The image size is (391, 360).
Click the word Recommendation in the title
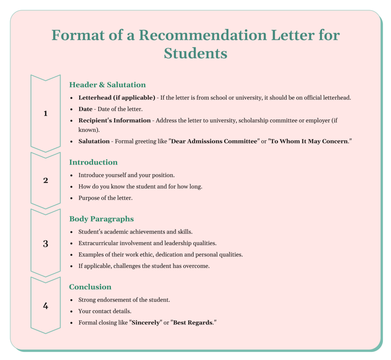[x=202, y=35]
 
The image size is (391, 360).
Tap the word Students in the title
[x=195, y=53]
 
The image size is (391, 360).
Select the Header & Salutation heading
[x=107, y=85]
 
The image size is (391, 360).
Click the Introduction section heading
[x=93, y=162]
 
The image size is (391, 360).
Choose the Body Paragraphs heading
[x=101, y=219]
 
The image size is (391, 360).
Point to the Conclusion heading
[x=90, y=287]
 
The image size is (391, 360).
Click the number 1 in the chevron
[x=45, y=113]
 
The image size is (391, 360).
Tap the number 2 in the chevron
[x=45, y=180]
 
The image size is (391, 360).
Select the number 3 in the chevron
[x=45, y=244]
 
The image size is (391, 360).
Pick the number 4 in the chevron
[x=45, y=306]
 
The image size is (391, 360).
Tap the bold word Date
[x=86, y=109]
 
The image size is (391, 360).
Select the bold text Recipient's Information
[x=115, y=121]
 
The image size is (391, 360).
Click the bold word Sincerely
[x=146, y=323]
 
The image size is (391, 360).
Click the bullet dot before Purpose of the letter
[x=72, y=198]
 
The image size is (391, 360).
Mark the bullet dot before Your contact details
[x=72, y=312]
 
